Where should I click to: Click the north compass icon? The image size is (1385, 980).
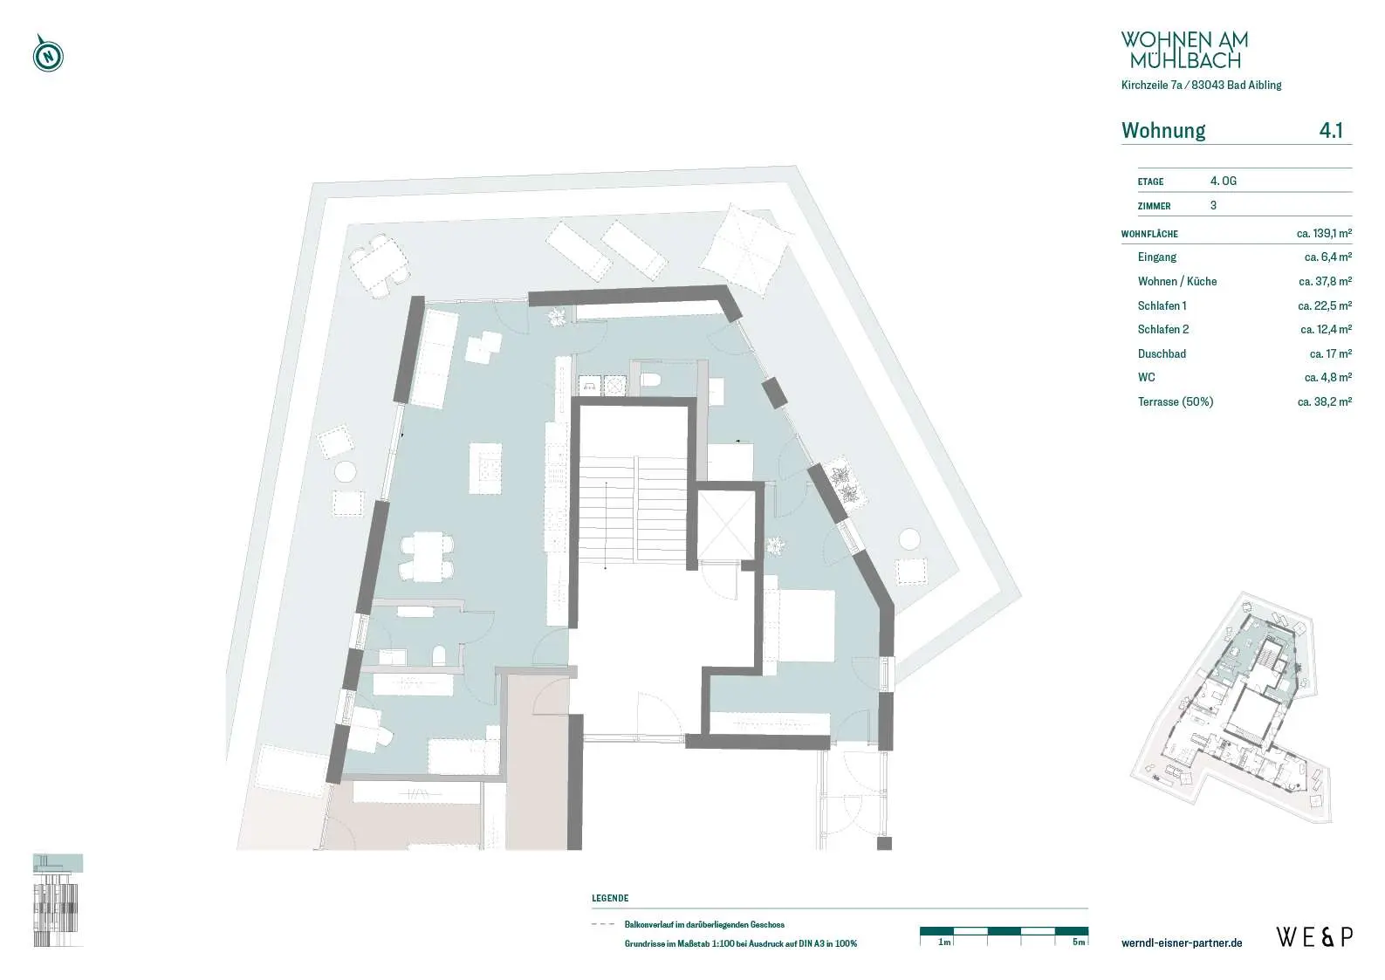click(x=48, y=54)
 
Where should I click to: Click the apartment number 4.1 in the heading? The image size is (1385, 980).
click(x=1331, y=130)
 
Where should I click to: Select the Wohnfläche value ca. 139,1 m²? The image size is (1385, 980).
click(x=1324, y=233)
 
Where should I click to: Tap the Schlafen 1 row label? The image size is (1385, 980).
click(x=1162, y=305)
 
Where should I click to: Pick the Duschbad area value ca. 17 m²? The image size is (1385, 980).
click(x=1331, y=353)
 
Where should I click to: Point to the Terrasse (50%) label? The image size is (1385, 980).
click(x=1176, y=402)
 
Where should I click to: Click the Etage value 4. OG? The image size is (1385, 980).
click(x=1223, y=182)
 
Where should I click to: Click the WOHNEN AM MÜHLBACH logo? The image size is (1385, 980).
click(x=1184, y=50)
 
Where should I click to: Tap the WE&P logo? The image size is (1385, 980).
click(x=1314, y=937)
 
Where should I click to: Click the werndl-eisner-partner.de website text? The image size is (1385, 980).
click(x=1182, y=942)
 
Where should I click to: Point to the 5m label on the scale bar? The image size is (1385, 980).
click(x=1079, y=942)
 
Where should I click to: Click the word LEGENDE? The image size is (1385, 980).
click(x=610, y=898)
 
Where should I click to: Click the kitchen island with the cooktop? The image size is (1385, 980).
click(x=484, y=468)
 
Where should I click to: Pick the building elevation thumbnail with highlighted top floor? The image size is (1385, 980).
click(x=58, y=901)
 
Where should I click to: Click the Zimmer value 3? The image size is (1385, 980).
click(x=1213, y=205)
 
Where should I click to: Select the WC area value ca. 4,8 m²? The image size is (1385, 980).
click(x=1328, y=377)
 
